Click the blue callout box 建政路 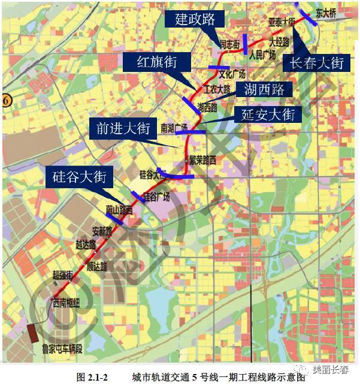tap(195, 19)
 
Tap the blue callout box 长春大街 tap(317, 62)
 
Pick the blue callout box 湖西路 tap(264, 90)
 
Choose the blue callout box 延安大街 tap(268, 114)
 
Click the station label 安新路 tap(101, 231)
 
